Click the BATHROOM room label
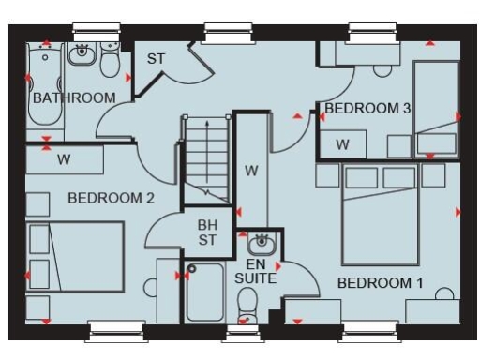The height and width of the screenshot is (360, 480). pyautogui.click(x=74, y=97)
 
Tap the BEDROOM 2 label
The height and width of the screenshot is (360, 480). pyautogui.click(x=111, y=198)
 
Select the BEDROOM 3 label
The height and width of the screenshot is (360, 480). pyautogui.click(x=367, y=109)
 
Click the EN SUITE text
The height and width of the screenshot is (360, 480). pyautogui.click(x=255, y=272)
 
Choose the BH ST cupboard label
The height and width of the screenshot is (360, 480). pyautogui.click(x=207, y=232)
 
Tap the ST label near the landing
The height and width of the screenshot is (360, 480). pyautogui.click(x=156, y=59)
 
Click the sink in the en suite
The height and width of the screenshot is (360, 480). pyautogui.click(x=262, y=244)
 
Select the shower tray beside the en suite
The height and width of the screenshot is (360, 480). pyautogui.click(x=205, y=292)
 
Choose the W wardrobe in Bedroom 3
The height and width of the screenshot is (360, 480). pyautogui.click(x=342, y=144)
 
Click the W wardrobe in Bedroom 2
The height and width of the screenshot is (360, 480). pyautogui.click(x=64, y=159)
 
